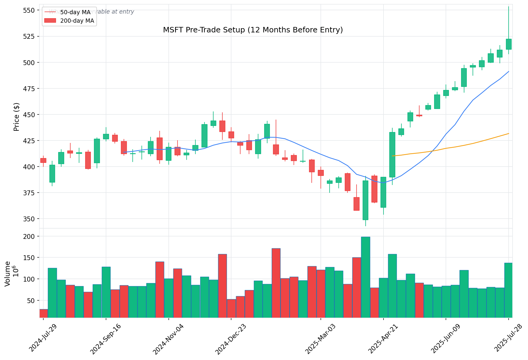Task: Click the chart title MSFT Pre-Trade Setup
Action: click(253, 30)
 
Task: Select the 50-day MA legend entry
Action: click(75, 12)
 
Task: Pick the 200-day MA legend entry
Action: click(77, 21)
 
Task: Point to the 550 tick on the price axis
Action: click(29, 10)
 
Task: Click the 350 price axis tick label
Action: click(29, 219)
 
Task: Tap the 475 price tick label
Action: click(29, 89)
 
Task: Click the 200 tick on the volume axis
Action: click(31, 236)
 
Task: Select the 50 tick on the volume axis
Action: click(32, 301)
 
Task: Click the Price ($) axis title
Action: click(16, 117)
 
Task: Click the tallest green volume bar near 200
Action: click(365, 277)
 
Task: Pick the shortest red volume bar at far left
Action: click(43, 313)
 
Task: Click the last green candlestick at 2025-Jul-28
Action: click(509, 44)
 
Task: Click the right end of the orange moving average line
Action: click(509, 134)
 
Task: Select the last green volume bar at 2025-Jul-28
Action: click(508, 290)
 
